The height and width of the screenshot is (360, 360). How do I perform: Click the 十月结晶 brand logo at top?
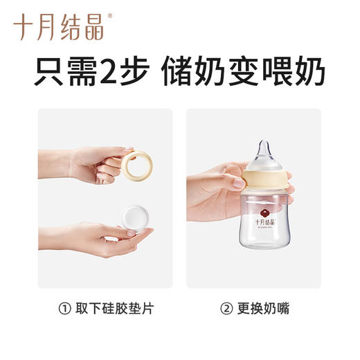[58, 27]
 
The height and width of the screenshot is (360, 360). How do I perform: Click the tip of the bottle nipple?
[264, 144]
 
